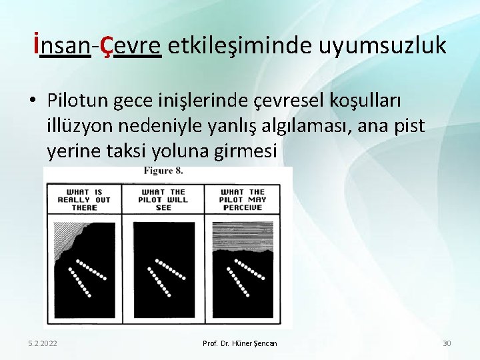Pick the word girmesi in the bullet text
(x=247, y=151)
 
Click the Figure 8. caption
(x=163, y=171)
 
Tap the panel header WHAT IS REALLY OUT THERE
(x=84, y=199)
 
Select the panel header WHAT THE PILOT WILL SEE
(x=163, y=199)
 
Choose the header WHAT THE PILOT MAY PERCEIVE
(x=243, y=199)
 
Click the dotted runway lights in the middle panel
(x=163, y=275)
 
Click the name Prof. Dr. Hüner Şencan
(x=240, y=343)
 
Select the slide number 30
(x=447, y=343)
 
